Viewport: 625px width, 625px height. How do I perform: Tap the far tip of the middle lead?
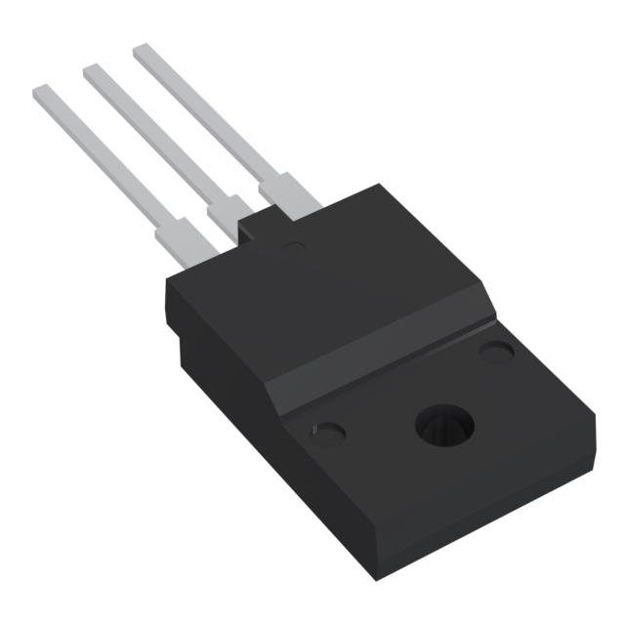91,69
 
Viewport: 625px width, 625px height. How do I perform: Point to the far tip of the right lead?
141,49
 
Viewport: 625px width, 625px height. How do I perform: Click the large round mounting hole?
444,425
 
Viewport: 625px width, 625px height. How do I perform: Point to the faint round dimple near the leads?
293,245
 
